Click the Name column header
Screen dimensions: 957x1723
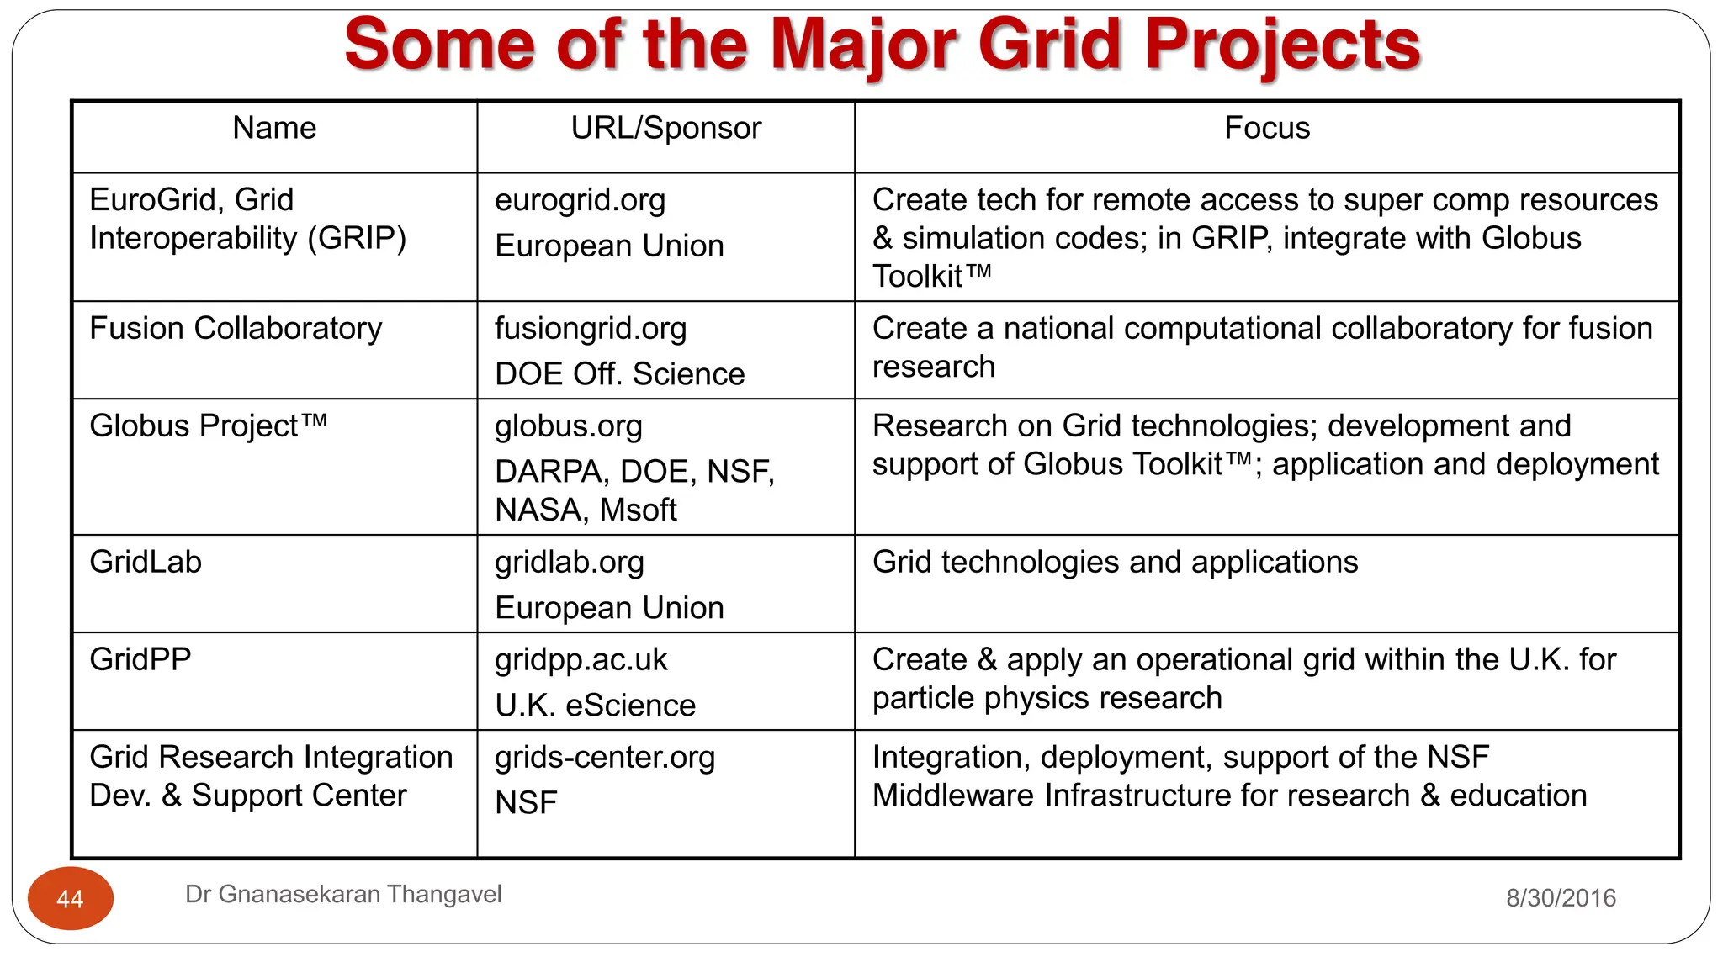(274, 128)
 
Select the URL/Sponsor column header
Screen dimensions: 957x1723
(665, 128)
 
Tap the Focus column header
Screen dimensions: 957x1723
(1266, 128)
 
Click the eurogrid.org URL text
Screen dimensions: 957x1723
(580, 200)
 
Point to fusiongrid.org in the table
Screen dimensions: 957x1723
(591, 329)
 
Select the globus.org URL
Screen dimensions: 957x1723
(568, 426)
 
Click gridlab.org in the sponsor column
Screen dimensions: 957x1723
(569, 563)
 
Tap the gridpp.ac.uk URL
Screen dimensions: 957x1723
(581, 660)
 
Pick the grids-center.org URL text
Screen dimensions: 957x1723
(604, 758)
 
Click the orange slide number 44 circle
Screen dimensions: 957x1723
(71, 898)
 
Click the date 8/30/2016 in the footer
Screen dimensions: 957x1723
(1561, 898)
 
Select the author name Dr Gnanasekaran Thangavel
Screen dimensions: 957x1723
(343, 894)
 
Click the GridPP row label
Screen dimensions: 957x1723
(140, 659)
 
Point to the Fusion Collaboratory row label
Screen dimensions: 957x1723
(236, 328)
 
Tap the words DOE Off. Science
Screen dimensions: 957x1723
(619, 374)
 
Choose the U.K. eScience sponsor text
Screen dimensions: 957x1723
(595, 706)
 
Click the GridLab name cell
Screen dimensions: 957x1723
(146, 562)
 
